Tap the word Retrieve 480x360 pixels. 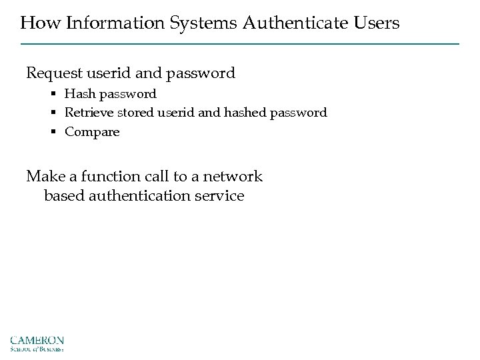click(89, 113)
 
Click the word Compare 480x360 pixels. click(92, 132)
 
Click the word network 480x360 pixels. click(233, 177)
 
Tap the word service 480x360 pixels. click(220, 197)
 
